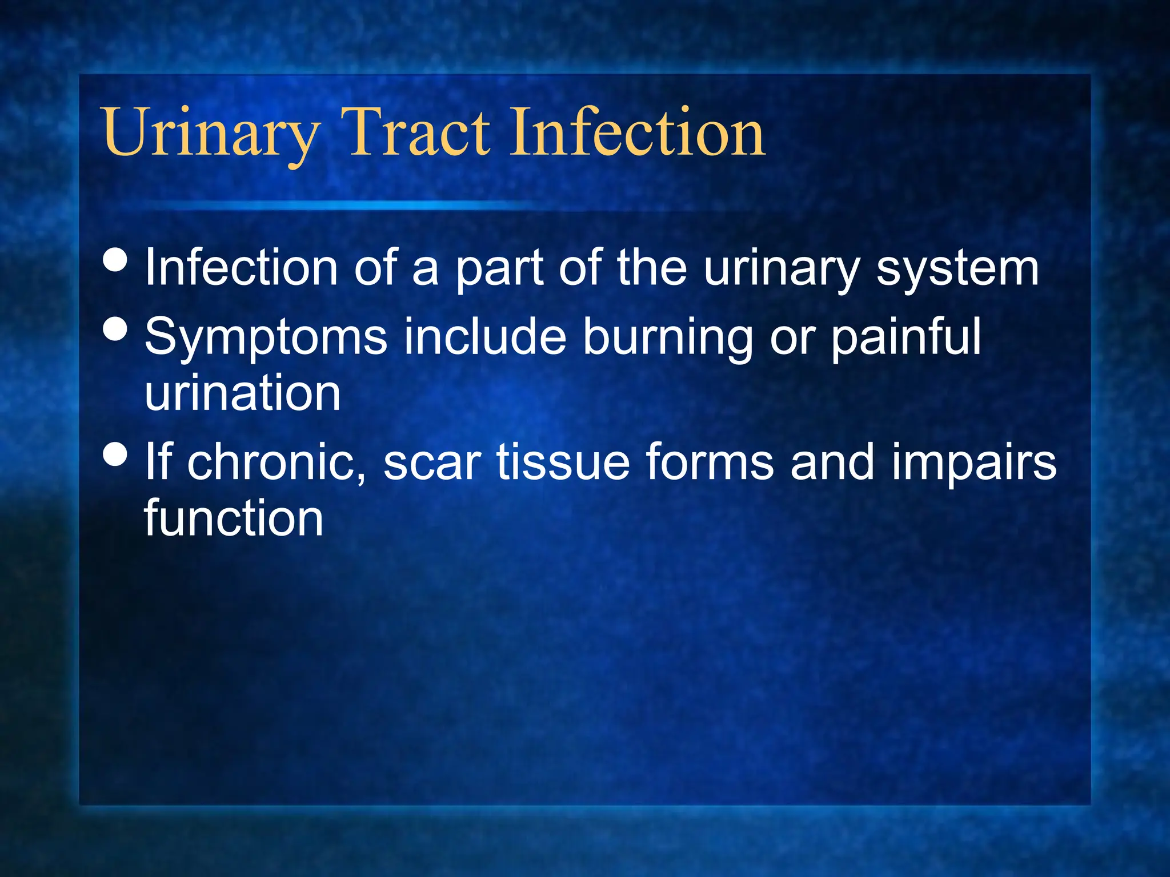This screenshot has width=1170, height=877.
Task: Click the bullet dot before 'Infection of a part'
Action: (x=116, y=260)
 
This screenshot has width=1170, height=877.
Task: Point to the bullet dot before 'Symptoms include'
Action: (x=116, y=329)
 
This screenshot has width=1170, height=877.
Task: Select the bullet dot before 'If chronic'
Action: (x=116, y=455)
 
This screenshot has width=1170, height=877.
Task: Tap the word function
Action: (x=234, y=518)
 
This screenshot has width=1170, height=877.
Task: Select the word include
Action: (x=485, y=337)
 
